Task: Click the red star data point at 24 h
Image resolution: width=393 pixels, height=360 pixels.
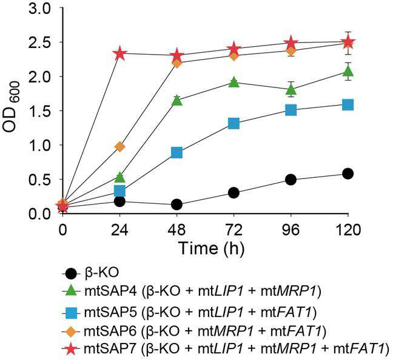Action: [x=120, y=53]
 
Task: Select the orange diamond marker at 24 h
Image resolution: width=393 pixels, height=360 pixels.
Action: [x=120, y=147]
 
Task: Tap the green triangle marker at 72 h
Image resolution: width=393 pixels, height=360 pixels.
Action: [x=234, y=83]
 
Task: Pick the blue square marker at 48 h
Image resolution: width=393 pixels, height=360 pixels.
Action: [x=176, y=152]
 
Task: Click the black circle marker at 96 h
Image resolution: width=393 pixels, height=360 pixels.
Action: [x=291, y=180]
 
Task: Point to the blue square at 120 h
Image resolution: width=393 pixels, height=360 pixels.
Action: [x=348, y=105]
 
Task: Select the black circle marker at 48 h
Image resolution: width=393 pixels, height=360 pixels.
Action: [x=176, y=205]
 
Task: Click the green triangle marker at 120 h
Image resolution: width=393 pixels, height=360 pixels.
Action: [x=348, y=71]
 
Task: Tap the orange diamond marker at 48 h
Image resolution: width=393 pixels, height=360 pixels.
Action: [x=176, y=64]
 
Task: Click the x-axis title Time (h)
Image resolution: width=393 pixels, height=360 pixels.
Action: [x=211, y=248]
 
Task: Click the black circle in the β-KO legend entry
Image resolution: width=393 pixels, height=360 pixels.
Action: [x=71, y=273]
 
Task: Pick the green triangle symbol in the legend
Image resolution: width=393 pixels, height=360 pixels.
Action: [x=71, y=292]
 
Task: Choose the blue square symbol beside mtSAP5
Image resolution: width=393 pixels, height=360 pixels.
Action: [x=71, y=313]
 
